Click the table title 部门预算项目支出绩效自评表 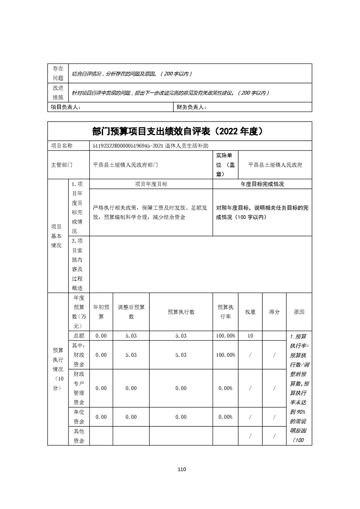[x=155, y=132]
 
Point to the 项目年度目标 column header [x=151, y=184]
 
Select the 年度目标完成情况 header [x=262, y=184]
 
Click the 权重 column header [x=250, y=312]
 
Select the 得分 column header [x=274, y=312]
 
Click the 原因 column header [x=299, y=312]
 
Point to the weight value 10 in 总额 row [x=250, y=336]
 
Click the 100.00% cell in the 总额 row [x=226, y=336]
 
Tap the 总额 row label [x=79, y=336]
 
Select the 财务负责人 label [x=190, y=107]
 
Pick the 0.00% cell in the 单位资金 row [x=226, y=417]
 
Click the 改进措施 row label [x=58, y=93]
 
